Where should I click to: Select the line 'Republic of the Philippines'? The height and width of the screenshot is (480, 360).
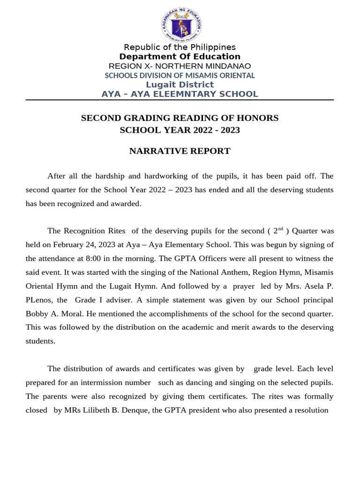click(180, 47)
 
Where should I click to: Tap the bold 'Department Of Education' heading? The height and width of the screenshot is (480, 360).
click(180, 57)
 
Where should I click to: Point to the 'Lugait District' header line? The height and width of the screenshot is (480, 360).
click(180, 84)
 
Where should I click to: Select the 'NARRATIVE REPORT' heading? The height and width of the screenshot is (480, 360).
click(180, 151)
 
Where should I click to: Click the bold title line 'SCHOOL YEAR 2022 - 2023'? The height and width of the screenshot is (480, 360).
click(180, 130)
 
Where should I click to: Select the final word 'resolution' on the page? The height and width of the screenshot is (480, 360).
click(309, 410)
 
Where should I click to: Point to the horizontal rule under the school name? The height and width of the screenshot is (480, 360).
click(180, 100)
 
